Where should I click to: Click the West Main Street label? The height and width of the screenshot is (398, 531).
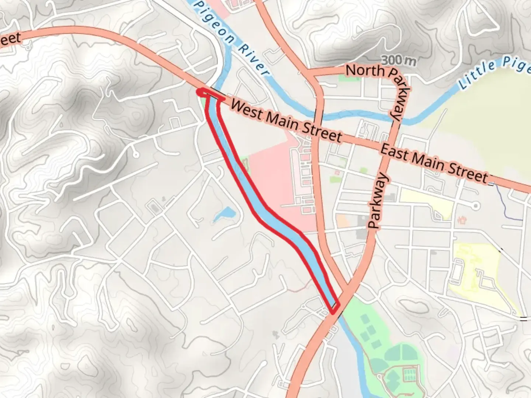tap(286, 121)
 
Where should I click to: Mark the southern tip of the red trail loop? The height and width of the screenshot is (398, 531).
tap(333, 313)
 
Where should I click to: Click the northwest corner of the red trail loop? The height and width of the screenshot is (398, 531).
tap(200, 91)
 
